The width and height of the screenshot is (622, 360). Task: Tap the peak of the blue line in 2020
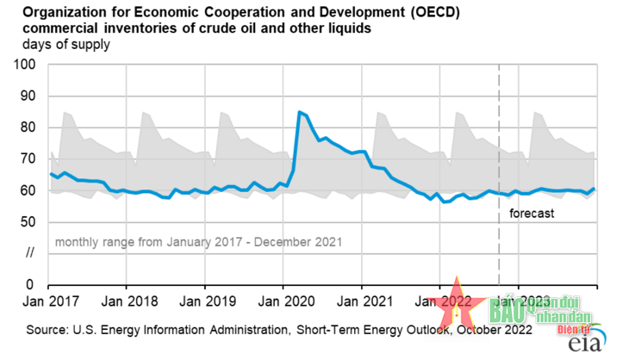coord(299,112)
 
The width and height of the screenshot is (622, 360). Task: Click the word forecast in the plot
coord(531,213)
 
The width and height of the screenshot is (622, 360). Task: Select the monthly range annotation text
coord(198,242)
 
